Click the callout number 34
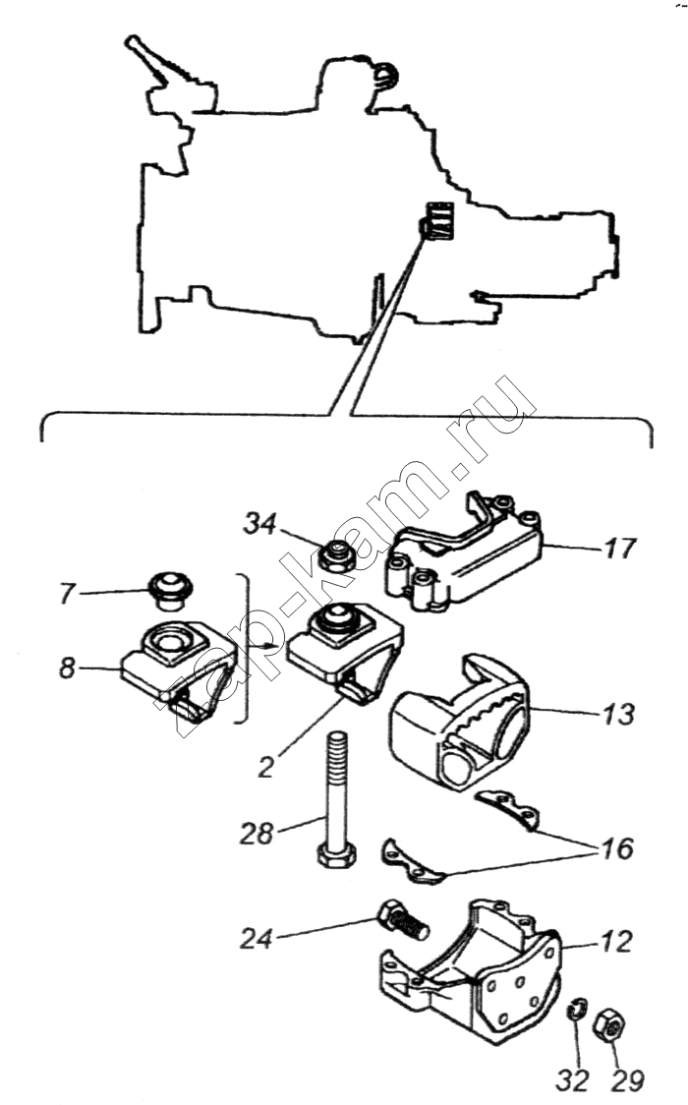[x=259, y=524]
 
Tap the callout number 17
[x=620, y=549]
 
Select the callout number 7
[x=67, y=594]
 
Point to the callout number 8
[x=67, y=668]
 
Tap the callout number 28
[x=257, y=834]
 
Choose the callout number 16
[x=617, y=848]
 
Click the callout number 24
[x=257, y=940]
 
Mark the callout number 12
[x=616, y=942]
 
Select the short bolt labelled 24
[x=403, y=919]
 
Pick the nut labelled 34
[x=335, y=556]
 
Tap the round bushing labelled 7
[x=170, y=590]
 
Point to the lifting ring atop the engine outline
[x=386, y=74]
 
